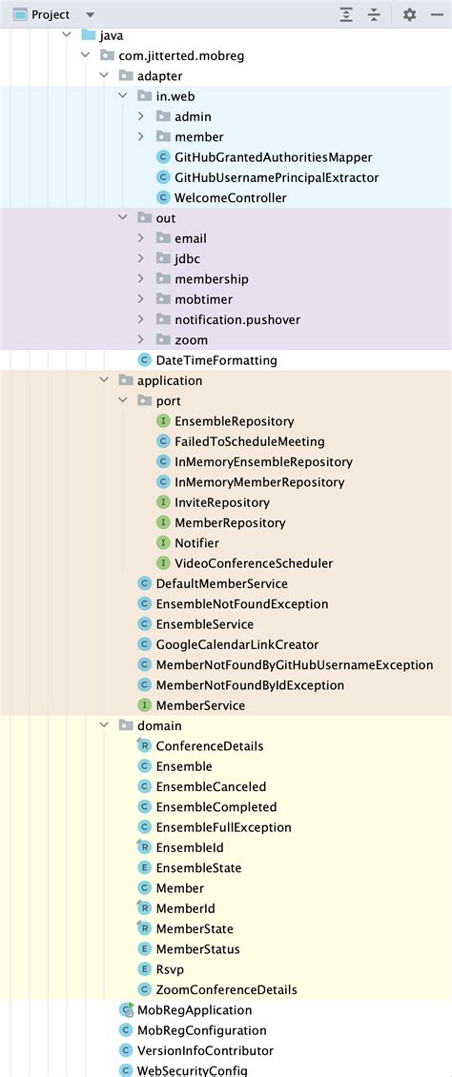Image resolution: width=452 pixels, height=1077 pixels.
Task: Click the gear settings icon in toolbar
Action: pos(409,14)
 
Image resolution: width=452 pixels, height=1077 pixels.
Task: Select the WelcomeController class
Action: pos(230,197)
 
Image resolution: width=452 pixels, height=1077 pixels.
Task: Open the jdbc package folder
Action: pos(187,258)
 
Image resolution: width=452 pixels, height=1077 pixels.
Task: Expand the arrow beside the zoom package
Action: pos(141,339)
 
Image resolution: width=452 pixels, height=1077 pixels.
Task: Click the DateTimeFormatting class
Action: pos(216,360)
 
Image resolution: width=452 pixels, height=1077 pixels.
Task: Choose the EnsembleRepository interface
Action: pos(234,420)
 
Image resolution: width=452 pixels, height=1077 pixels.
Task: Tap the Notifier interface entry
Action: pos(196,542)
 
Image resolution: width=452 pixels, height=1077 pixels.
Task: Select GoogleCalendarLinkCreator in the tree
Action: pos(236,644)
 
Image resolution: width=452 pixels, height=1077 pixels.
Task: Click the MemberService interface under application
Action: pos(200,705)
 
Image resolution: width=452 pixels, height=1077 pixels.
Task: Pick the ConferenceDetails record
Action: pos(209,745)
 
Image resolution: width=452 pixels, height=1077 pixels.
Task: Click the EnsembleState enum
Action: pos(198,867)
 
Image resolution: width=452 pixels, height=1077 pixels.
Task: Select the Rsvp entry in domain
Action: pos(170,968)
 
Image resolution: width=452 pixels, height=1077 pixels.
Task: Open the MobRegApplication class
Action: pos(195,1009)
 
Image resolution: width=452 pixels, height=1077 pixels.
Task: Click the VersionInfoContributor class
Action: pos(205,1050)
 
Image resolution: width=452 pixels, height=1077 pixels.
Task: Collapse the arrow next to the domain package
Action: pos(104,725)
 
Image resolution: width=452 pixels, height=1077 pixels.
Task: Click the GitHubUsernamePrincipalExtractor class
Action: pos(276,177)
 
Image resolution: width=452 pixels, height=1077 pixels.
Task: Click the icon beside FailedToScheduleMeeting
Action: pos(163,441)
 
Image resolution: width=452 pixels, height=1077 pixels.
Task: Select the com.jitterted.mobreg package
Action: pos(181,55)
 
